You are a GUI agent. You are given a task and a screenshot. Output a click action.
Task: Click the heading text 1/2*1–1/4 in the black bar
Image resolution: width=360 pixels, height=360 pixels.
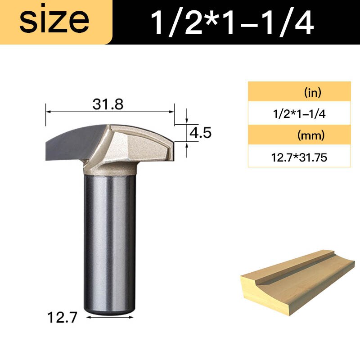pos(232,22)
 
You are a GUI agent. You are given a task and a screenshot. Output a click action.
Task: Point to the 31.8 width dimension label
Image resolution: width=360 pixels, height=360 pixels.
pos(108,104)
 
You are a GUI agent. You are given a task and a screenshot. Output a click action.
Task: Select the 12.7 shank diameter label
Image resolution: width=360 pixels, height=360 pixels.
pos(63,318)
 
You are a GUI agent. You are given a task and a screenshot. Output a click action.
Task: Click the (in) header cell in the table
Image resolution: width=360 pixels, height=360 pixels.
pos(312,93)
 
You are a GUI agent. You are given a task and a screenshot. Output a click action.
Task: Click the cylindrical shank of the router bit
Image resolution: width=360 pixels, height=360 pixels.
pos(109,238)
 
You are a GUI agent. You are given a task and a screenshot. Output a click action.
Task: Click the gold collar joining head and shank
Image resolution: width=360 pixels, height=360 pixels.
pos(109,169)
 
